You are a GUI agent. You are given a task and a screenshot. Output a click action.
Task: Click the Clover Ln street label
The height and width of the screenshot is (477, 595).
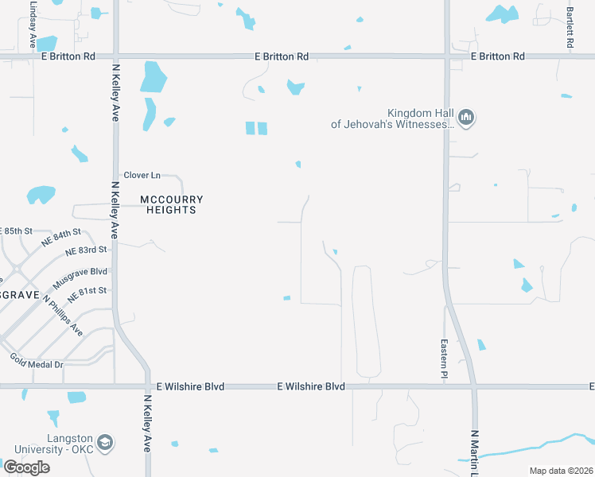coord(142,175)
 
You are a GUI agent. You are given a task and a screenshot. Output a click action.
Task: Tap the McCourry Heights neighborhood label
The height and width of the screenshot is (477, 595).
coord(172,204)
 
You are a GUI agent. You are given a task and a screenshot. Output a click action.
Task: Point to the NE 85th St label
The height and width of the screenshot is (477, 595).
coord(16,231)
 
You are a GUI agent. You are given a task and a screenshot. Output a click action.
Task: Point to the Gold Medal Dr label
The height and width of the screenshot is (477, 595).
coord(37,360)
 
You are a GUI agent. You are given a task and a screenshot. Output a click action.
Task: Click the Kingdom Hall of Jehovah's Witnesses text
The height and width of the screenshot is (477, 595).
coord(393,118)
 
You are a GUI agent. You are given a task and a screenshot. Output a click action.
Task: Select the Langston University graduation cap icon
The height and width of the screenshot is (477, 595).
coord(104,442)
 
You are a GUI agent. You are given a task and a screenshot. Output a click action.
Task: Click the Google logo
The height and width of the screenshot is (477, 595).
coord(26,467)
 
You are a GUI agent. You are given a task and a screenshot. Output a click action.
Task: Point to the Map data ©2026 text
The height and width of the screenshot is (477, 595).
coord(561,471)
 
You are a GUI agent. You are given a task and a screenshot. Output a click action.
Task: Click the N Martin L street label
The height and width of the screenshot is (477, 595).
coord(473,453)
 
